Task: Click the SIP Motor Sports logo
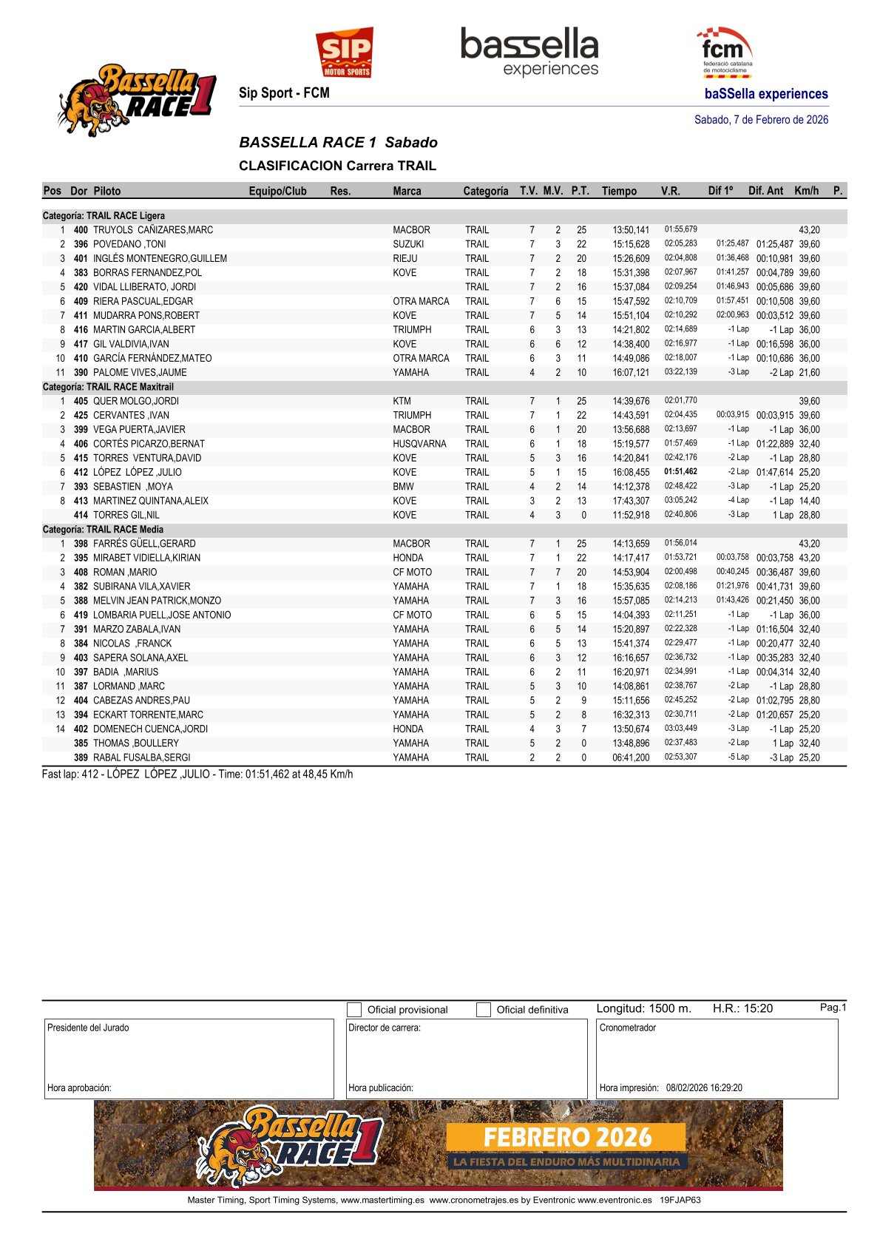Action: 345,53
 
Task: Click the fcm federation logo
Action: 724,53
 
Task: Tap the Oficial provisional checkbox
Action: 355,1010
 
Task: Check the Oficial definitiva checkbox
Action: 484,1010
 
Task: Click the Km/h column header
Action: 806,191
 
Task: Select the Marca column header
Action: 407,191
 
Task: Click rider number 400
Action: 81,230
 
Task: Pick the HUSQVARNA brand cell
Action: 419,444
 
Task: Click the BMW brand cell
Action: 403,487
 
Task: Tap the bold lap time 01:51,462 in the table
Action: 680,472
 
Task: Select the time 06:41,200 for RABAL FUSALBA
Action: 631,758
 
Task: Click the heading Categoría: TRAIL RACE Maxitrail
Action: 108,387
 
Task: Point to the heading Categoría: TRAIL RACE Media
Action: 103,530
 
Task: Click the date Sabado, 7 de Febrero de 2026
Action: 761,120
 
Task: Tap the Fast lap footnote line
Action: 197,775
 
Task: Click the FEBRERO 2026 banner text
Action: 567,1137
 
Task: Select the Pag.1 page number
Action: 833,1008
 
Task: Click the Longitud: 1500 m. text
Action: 643,1008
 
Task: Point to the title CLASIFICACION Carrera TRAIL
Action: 337,166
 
